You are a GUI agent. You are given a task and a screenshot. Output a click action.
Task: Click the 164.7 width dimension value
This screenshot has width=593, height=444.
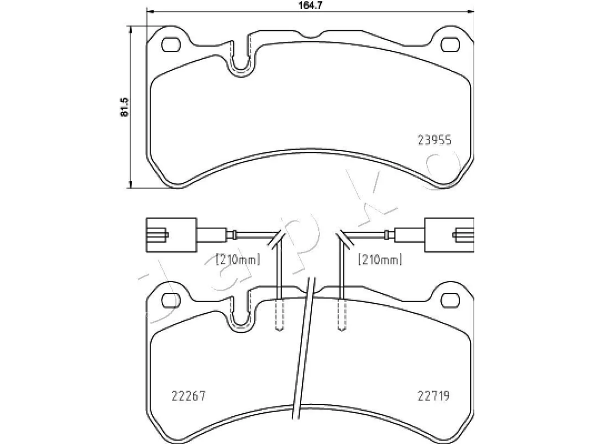pyautogui.click(x=310, y=5)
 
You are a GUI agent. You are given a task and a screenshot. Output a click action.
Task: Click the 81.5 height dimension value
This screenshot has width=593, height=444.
pyautogui.click(x=124, y=107)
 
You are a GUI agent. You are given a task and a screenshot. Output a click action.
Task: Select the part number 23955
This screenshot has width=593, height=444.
pyautogui.click(x=435, y=141)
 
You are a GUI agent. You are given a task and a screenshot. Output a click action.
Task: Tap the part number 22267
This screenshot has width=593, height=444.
pyautogui.click(x=189, y=396)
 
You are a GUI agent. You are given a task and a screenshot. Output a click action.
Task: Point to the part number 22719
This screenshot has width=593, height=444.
pyautogui.click(x=433, y=396)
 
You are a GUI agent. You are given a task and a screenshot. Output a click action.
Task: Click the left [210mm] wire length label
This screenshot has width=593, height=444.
pyautogui.click(x=238, y=259)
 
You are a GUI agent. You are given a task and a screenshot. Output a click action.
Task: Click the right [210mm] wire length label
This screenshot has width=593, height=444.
pyautogui.click(x=380, y=259)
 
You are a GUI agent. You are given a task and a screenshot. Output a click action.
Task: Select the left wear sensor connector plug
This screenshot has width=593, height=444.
pyautogui.click(x=172, y=235)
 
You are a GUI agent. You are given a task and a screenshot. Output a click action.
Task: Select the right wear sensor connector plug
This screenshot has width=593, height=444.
pyautogui.click(x=449, y=235)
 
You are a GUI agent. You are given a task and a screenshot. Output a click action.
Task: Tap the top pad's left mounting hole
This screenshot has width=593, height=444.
pyautogui.click(x=171, y=44)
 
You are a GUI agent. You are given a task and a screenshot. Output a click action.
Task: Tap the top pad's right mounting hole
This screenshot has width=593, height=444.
pyautogui.click(x=450, y=44)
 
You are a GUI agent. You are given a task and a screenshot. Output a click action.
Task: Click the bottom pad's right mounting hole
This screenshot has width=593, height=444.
pyautogui.click(x=450, y=301)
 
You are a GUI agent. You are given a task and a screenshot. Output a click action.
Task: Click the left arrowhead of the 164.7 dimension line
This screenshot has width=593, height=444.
pyautogui.click(x=150, y=12)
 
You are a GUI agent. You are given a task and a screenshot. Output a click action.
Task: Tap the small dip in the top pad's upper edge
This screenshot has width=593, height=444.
pyautogui.click(x=311, y=37)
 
